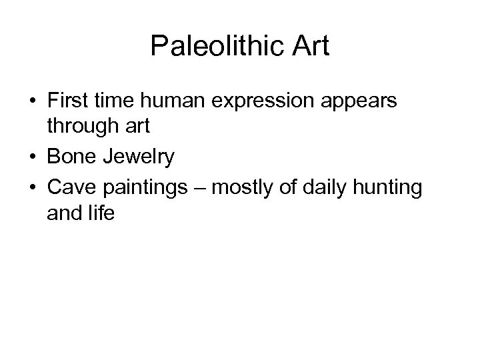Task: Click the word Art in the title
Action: click(x=307, y=46)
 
